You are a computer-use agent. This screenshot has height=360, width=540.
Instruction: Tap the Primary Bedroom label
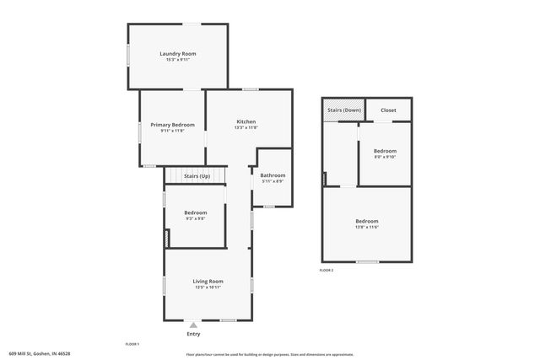coord(172,125)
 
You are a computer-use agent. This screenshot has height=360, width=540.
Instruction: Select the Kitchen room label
coord(246,121)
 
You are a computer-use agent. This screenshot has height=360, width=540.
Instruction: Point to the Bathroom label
coord(273,175)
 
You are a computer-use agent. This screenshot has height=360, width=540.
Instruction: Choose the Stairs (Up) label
coord(197,176)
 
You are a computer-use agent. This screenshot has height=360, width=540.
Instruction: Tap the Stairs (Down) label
coord(343,110)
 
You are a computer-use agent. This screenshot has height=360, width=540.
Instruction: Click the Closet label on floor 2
coord(388,110)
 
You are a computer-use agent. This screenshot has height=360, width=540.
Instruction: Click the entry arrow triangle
coord(193,324)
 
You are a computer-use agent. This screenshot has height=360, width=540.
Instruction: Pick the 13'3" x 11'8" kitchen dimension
coord(246,127)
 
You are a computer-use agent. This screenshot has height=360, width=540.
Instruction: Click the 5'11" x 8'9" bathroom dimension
coord(273,181)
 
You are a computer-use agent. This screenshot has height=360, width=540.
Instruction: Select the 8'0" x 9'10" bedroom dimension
coord(385,157)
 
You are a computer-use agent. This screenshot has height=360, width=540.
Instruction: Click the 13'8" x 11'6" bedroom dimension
coord(366,227)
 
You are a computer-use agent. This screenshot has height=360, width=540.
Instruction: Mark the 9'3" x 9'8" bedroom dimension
coord(196,218)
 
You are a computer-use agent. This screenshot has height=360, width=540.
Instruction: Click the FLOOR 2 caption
coord(327,270)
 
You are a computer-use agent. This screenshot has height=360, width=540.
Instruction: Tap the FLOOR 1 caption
coord(132,344)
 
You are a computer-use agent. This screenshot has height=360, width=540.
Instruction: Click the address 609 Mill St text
coord(40,354)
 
